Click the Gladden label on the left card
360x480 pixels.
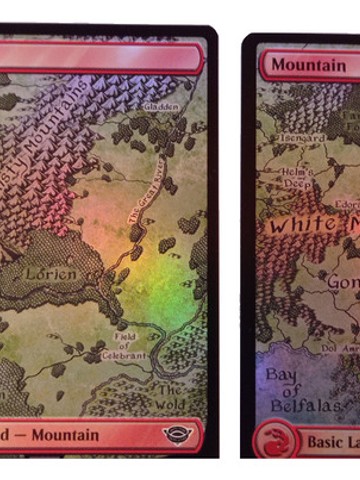162,107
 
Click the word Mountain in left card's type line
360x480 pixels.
65,435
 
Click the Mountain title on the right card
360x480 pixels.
308,65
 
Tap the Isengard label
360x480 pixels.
302,138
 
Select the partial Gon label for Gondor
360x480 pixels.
344,281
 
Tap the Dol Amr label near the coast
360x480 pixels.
340,348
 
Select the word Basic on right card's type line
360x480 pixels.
324,442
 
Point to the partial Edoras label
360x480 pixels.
347,204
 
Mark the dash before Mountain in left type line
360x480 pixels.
21,435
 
